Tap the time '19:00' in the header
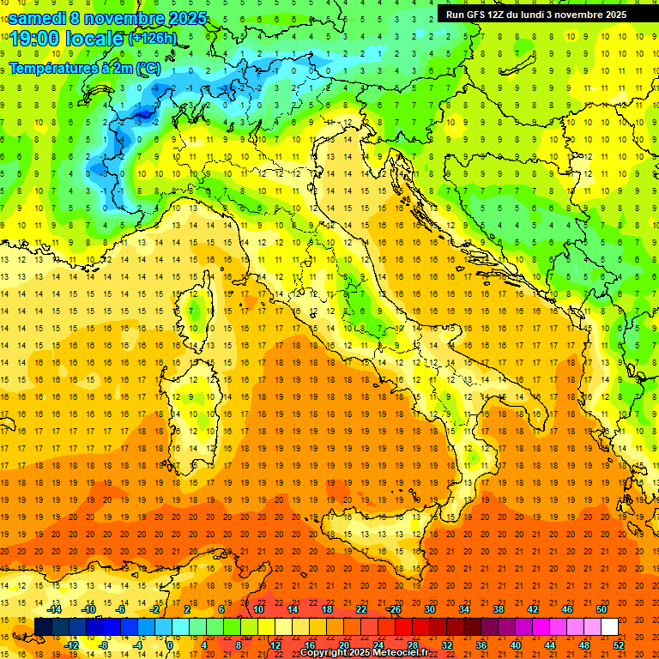(37, 39)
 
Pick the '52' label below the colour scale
(619, 644)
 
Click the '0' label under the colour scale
(170, 644)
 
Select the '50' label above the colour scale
(602, 609)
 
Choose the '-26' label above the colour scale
(394, 609)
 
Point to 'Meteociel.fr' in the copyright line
(401, 653)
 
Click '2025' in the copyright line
(361, 653)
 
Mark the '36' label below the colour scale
(481, 644)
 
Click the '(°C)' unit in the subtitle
(148, 68)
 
